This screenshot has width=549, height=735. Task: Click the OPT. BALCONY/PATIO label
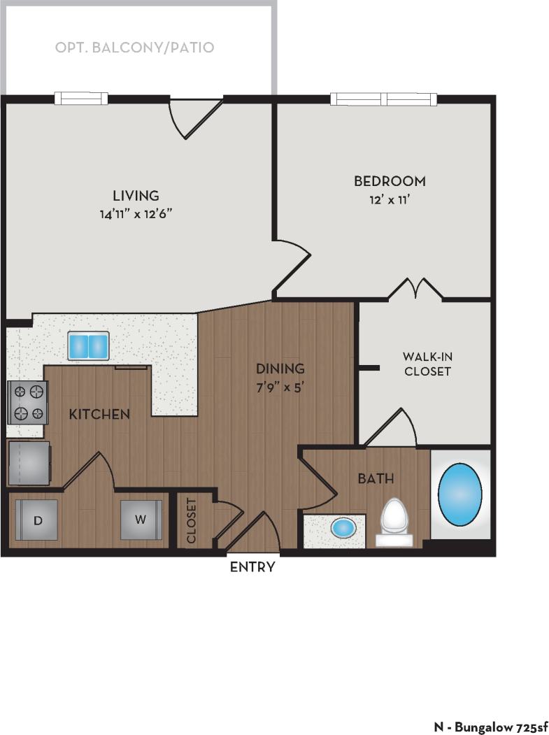tap(134, 48)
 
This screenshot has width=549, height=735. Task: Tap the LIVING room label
tap(136, 195)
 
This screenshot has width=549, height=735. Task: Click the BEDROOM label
tap(389, 181)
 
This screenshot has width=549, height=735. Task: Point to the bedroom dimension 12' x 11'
tap(389, 199)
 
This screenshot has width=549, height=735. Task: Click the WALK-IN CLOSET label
tap(426, 364)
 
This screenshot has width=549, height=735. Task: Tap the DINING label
tap(280, 368)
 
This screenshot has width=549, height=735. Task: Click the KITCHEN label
tap(99, 414)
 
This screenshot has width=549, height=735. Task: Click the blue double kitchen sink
tap(89, 345)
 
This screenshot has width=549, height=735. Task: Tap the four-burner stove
tap(28, 402)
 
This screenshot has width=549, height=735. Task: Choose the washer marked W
tap(141, 520)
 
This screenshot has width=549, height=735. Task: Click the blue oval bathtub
tap(460, 495)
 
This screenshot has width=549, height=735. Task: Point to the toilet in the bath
tap(394, 522)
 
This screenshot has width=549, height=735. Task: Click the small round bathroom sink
tap(341, 527)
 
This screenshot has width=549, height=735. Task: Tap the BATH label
tap(376, 479)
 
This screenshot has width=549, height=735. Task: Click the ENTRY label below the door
tap(252, 567)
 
